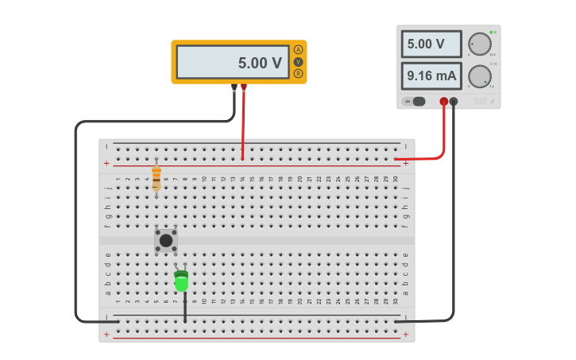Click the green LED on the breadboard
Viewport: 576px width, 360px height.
click(x=182, y=281)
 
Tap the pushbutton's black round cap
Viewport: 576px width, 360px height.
click(x=165, y=240)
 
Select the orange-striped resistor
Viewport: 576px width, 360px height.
click(x=157, y=178)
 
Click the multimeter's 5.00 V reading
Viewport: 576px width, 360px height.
click(x=260, y=63)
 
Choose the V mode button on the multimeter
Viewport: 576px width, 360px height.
click(x=298, y=61)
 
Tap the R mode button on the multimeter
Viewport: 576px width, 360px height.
click(x=298, y=73)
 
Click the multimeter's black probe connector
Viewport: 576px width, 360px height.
click(x=234, y=87)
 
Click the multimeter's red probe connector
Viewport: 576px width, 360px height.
click(x=244, y=87)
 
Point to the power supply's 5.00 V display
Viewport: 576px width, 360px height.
click(x=431, y=45)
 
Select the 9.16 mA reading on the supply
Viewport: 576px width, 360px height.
click(x=431, y=76)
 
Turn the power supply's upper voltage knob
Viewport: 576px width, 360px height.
click(x=479, y=44)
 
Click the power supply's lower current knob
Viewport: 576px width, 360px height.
click(x=479, y=76)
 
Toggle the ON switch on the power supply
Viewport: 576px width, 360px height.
click(x=414, y=101)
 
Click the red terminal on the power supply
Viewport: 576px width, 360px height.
click(x=444, y=101)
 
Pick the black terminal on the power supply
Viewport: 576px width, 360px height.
click(x=454, y=101)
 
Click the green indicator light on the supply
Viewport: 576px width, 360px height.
click(x=491, y=32)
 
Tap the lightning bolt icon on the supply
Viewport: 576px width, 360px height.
click(x=492, y=101)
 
